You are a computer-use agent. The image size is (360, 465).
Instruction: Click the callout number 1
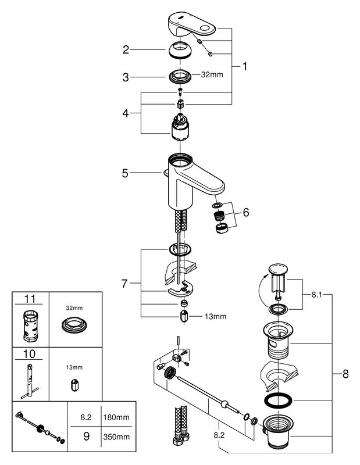(x=244, y=66)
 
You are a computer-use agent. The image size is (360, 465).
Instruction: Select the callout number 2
(x=126, y=49)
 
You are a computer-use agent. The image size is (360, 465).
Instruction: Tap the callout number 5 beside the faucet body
(x=125, y=173)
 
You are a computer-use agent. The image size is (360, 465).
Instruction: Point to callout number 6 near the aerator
(x=246, y=212)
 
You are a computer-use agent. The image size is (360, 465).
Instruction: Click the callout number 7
(x=124, y=284)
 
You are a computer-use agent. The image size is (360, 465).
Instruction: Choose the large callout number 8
(x=345, y=374)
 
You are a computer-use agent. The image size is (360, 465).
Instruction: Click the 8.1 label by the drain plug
(x=316, y=295)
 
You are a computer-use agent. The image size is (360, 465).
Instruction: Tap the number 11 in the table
(x=30, y=299)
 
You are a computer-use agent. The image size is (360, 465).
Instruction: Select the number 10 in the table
(x=29, y=354)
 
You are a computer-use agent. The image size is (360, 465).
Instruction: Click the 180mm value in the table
(x=116, y=417)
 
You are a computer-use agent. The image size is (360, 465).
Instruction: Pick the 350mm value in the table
(x=116, y=437)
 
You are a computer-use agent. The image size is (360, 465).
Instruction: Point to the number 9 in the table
(x=86, y=437)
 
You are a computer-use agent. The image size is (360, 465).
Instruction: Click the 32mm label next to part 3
(x=212, y=75)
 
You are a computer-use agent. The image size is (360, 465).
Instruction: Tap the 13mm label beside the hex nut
(x=215, y=317)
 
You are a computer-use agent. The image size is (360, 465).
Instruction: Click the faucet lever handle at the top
(x=192, y=25)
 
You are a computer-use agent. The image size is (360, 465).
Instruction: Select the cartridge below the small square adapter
(x=180, y=127)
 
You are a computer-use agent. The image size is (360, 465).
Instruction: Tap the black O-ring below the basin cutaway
(x=278, y=400)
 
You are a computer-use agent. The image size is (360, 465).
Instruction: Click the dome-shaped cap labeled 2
(x=180, y=50)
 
